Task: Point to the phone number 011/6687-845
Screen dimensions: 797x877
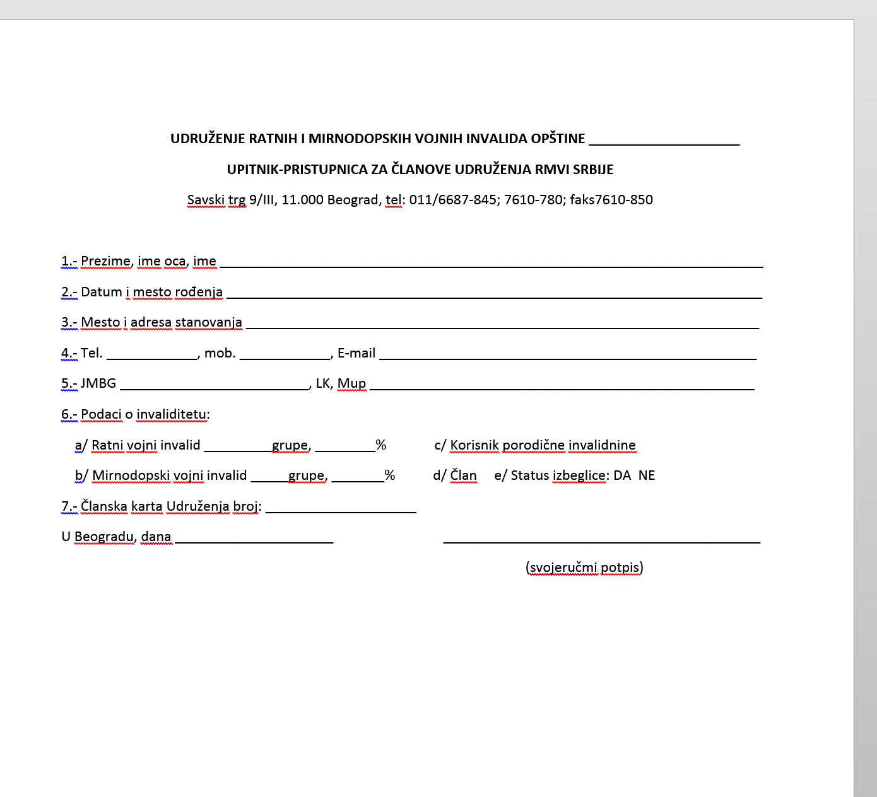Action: [x=452, y=200]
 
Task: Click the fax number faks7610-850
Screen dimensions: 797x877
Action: [x=611, y=200]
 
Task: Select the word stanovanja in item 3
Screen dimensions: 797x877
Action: [x=208, y=322]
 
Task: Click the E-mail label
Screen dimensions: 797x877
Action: [x=356, y=353]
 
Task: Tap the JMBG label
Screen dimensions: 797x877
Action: [x=98, y=383]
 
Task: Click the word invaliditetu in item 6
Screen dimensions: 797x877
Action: [x=172, y=414]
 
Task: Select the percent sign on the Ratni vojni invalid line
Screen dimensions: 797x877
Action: [x=380, y=445]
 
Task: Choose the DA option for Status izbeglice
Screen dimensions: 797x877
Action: [x=622, y=475]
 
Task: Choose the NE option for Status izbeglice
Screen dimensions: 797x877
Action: [x=647, y=475]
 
